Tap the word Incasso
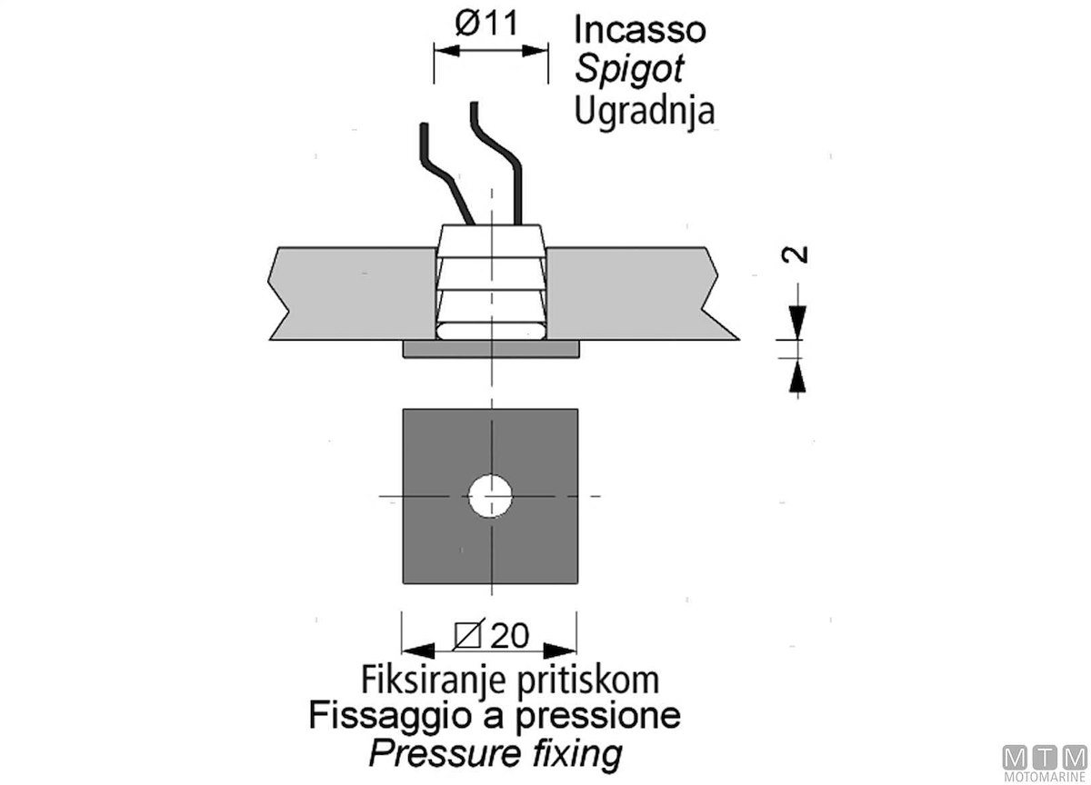(639, 29)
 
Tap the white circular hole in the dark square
(491, 496)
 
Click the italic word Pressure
(425, 753)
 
